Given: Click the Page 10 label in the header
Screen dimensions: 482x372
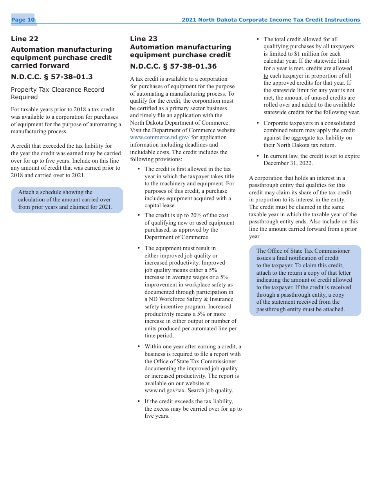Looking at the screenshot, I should tap(23, 20).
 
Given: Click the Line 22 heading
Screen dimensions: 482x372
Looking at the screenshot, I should tap(25, 39).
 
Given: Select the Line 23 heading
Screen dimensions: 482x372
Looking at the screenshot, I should tap(144, 39).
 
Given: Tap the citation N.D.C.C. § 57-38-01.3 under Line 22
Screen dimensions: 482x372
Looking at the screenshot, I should tap(52, 77).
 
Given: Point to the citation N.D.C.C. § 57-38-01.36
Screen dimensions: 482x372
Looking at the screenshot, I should tap(173, 66).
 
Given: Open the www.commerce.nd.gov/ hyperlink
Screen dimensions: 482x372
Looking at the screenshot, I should tap(160, 138).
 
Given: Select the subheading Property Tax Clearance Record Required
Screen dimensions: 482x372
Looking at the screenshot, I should tap(58, 93).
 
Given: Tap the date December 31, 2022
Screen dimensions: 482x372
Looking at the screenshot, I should tap(288, 163).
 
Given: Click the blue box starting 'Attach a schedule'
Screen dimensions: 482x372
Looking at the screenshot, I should tap(67, 200).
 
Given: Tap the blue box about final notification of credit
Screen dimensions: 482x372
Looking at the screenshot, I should tap(305, 280).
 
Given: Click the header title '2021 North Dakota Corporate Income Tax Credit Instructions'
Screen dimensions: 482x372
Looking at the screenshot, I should tap(271, 20).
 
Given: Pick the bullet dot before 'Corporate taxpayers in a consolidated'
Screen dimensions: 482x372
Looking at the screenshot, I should tap(258, 123).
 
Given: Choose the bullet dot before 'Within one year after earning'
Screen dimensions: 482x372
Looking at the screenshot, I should tap(139, 347).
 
